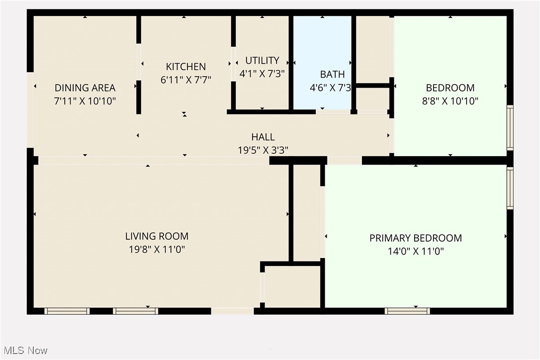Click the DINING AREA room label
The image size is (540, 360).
(85, 88)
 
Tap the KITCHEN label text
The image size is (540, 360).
(185, 67)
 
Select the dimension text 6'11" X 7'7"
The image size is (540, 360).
(186, 80)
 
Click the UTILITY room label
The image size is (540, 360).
(262, 61)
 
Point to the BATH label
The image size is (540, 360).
(332, 75)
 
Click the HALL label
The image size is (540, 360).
(263, 137)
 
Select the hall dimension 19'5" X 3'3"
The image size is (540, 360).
(263, 150)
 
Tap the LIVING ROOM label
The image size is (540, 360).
(157, 236)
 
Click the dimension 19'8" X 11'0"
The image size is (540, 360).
(157, 250)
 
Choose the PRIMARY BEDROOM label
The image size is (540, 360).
(415, 238)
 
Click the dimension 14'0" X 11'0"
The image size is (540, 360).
(415, 252)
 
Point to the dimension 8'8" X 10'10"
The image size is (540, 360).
(450, 101)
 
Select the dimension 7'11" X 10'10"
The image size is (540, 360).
(85, 101)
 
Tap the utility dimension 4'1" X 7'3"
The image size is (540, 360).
(262, 73)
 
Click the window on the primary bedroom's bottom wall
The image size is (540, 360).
(407, 311)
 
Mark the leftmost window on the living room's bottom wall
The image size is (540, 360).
(67, 311)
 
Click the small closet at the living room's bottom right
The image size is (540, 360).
(292, 286)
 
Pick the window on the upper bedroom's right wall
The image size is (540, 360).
(510, 127)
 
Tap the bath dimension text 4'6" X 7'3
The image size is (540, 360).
(331, 88)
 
